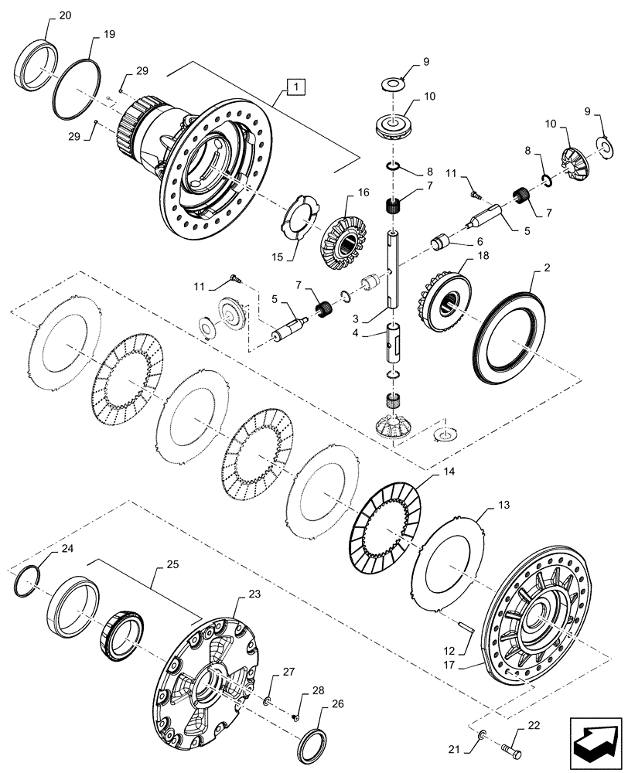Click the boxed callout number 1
pos(297,87)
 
